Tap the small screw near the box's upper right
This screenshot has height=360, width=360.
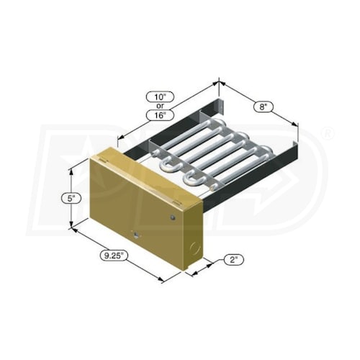pos(174,215)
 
